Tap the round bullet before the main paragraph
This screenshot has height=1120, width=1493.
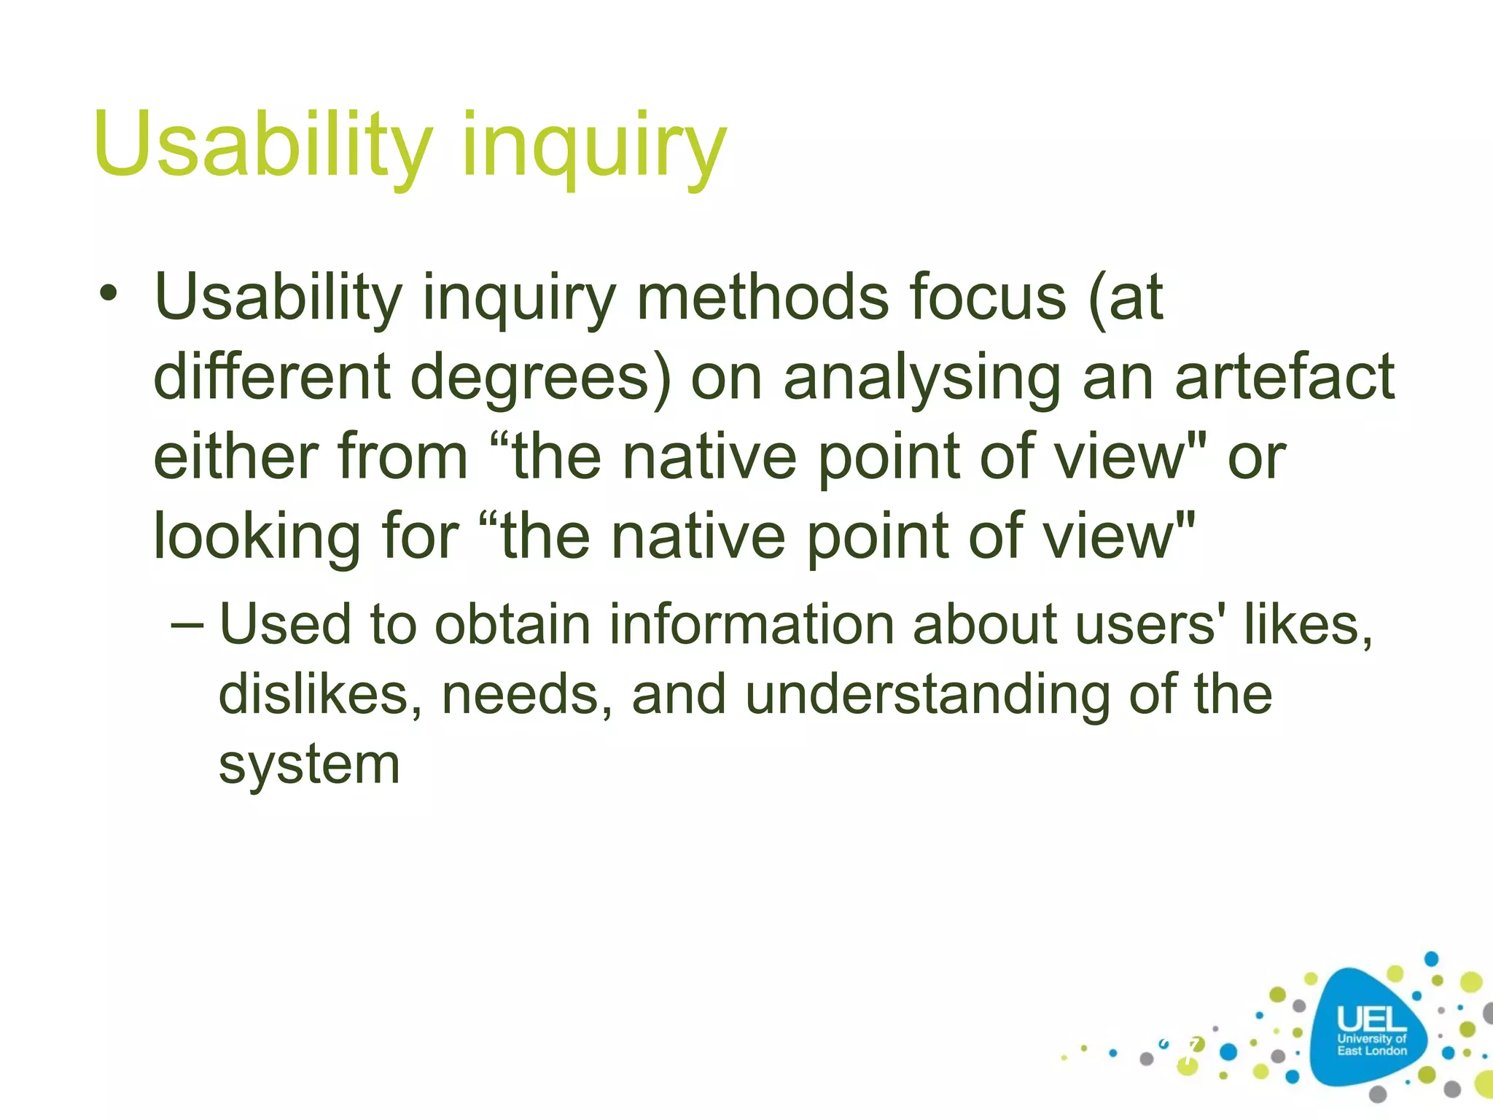109,295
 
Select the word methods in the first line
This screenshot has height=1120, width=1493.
763,297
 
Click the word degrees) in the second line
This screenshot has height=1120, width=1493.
540,377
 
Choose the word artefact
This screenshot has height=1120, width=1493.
1285,377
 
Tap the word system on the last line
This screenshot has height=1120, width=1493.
309,766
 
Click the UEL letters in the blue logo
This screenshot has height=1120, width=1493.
1371,1019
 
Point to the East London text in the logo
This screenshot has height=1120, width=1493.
1372,1051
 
